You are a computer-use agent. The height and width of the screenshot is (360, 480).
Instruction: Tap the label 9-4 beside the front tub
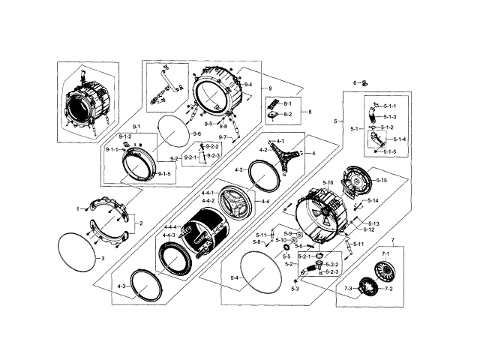coord(247,85)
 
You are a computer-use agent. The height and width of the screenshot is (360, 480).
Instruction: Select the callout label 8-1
coord(286,102)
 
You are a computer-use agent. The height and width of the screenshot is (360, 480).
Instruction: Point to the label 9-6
coord(196,133)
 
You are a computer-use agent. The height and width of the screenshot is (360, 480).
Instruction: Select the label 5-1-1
coord(390,100)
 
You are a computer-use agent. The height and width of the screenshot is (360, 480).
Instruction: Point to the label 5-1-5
coord(390,152)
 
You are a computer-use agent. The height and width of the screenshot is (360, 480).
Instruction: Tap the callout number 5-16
coord(328,183)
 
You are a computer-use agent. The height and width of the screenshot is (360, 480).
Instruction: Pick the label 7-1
coord(386,255)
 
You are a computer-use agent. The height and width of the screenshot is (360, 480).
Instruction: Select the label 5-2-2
coord(332,264)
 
